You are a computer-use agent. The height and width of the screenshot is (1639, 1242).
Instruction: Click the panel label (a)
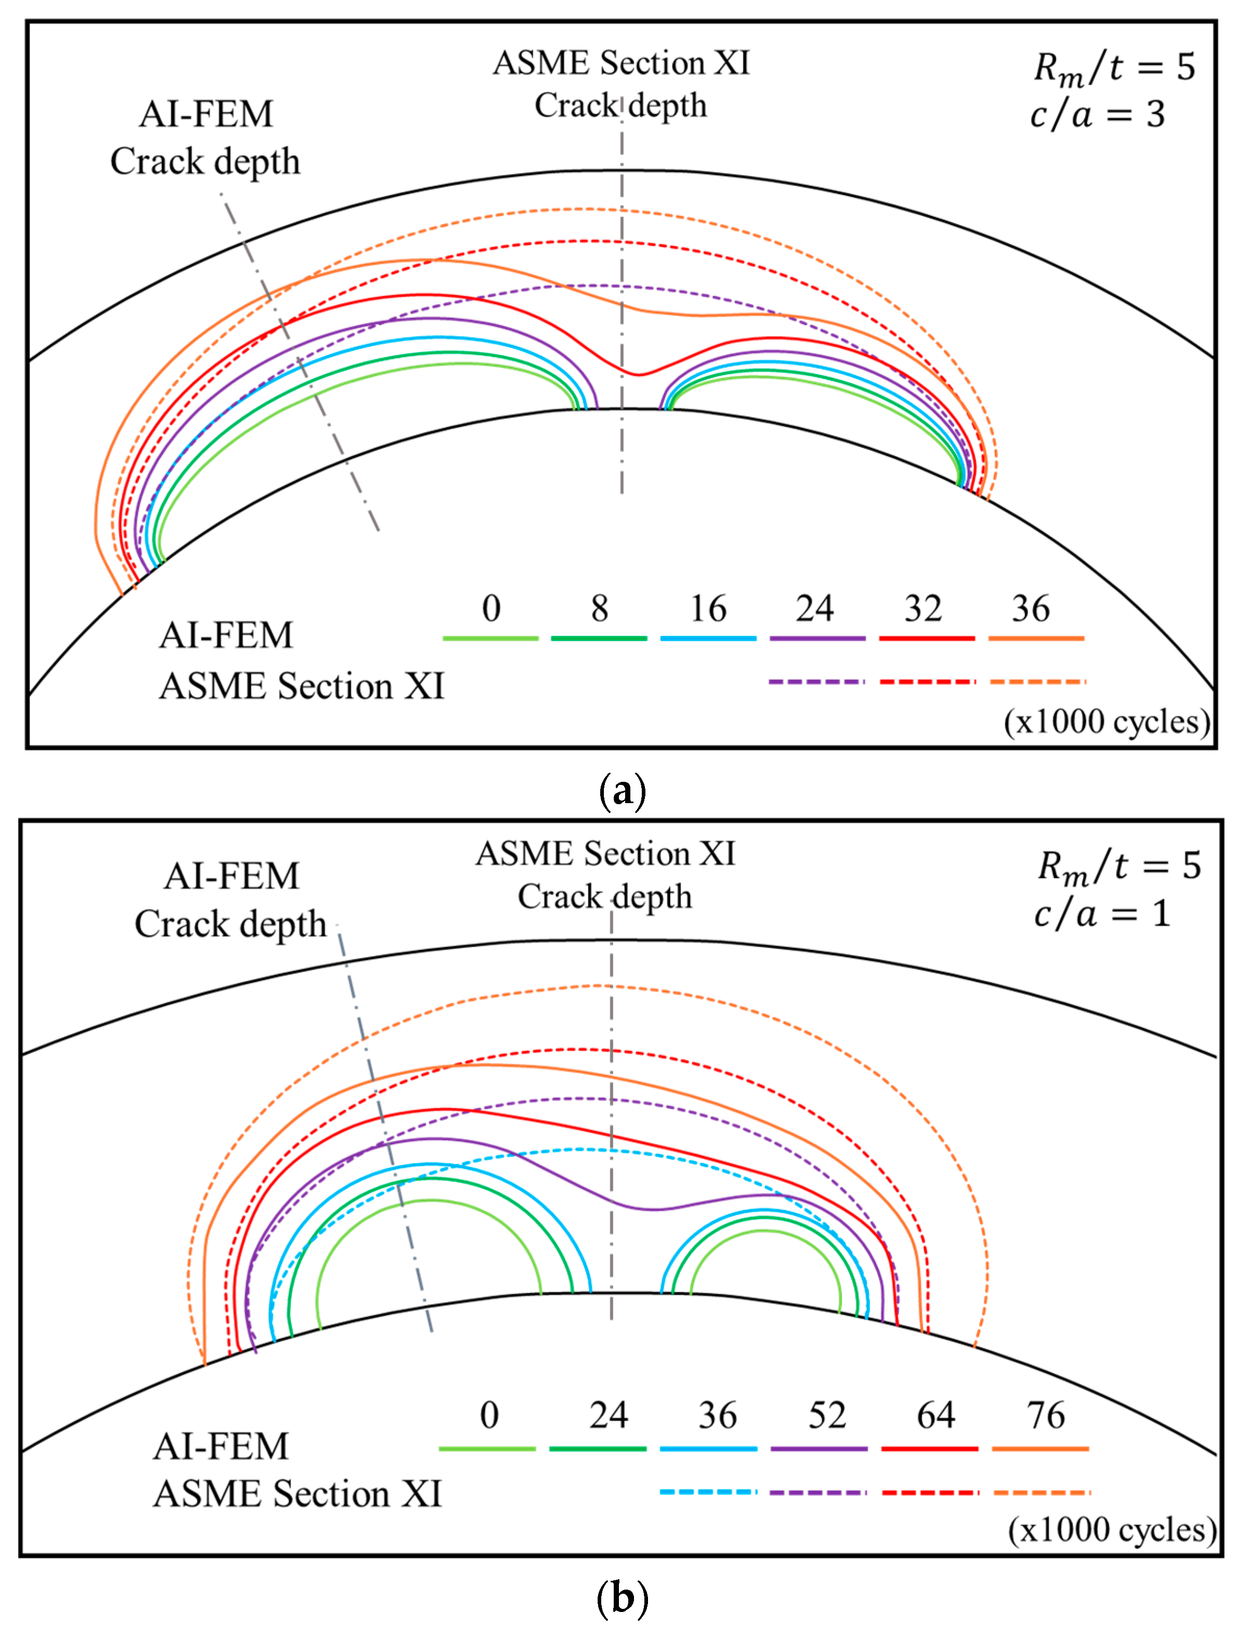622,791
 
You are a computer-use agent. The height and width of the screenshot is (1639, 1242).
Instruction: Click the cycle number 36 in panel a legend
1030,609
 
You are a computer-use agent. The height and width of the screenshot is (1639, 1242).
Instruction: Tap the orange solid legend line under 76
1040,1449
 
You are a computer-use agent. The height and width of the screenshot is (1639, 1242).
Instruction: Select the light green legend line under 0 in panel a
490,638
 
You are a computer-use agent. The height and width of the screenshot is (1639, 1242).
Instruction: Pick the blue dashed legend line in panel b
708,1491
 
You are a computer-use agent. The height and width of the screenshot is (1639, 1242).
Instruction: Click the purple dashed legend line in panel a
816,681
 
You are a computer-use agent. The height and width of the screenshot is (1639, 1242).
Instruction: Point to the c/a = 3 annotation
1097,115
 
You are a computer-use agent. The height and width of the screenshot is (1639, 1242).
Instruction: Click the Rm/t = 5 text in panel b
1118,866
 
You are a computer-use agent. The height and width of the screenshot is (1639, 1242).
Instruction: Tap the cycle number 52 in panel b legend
826,1416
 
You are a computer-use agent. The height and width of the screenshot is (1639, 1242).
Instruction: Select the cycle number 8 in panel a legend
599,609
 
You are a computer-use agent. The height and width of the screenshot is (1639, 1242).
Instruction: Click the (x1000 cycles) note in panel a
1106,721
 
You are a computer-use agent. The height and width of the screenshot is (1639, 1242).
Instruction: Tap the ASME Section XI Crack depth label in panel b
605,875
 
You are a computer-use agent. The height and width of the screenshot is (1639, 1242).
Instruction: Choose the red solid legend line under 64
930,1449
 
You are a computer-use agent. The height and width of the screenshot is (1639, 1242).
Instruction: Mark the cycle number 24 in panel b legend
608,1416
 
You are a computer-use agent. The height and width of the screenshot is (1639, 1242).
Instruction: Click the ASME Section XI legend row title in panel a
301,686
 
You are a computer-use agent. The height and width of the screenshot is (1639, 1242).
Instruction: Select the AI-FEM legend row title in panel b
221,1446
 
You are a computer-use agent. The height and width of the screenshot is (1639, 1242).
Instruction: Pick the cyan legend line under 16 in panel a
708,638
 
